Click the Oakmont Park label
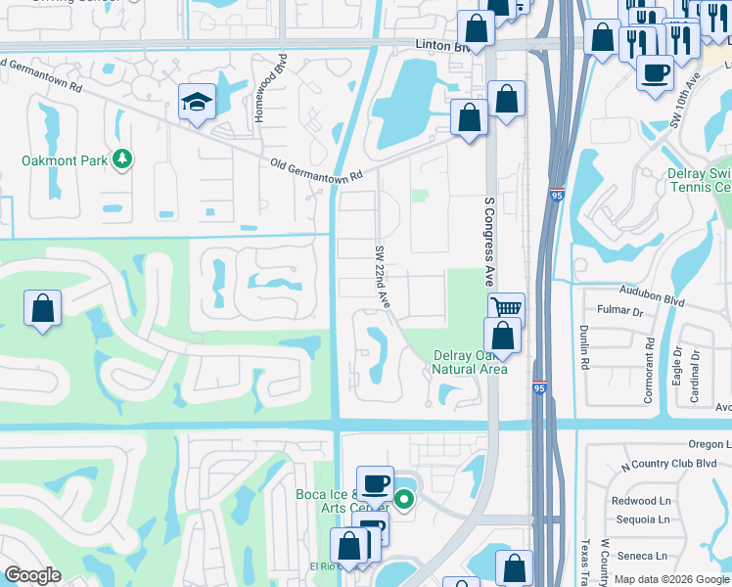[65, 160]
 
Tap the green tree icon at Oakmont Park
[122, 158]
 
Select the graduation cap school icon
[197, 101]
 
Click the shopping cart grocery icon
[506, 309]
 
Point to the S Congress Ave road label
[490, 239]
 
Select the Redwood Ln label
[641, 501]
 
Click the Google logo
[32, 575]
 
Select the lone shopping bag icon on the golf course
[43, 309]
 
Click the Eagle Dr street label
[678, 364]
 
